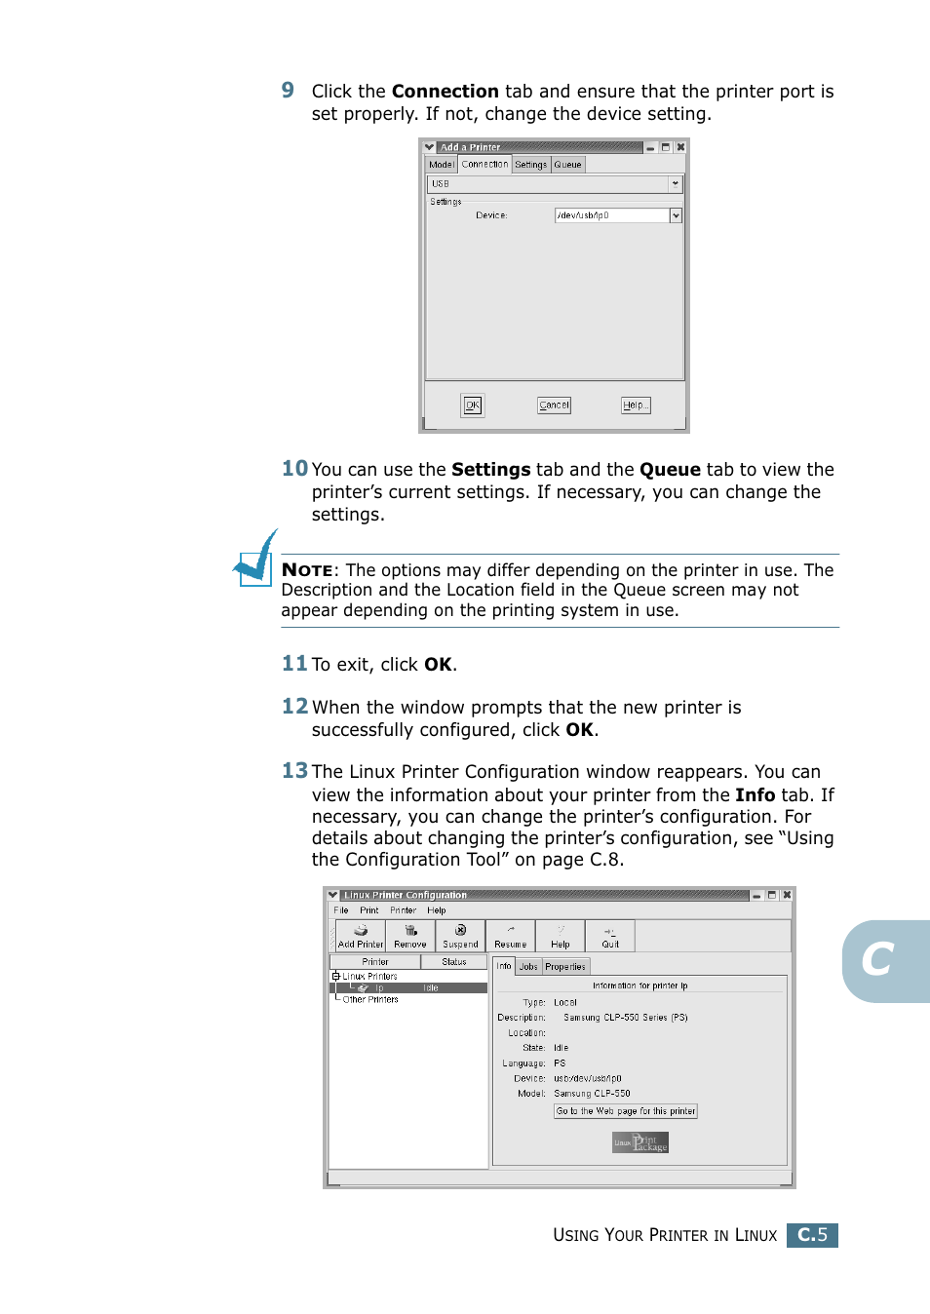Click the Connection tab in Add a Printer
point(484,165)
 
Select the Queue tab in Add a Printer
point(567,165)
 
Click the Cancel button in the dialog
point(554,406)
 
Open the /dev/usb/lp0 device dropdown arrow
point(676,215)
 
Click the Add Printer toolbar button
point(361,937)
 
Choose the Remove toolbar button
point(410,937)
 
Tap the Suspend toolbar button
point(460,937)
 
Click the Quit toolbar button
point(610,937)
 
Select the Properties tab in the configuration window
point(565,967)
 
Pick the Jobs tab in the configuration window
point(528,967)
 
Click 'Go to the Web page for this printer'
point(626,1111)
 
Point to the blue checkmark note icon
point(256,560)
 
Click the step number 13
point(294,771)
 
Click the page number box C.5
point(812,1235)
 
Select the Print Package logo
point(640,1142)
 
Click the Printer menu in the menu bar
point(403,910)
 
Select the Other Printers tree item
point(370,1000)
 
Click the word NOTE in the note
point(307,570)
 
